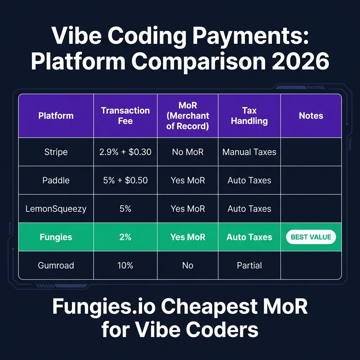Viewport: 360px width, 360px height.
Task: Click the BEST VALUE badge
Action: pyautogui.click(x=311, y=237)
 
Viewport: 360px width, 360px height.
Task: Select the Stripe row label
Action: pyautogui.click(x=56, y=152)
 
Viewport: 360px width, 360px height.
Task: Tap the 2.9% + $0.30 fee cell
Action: pyautogui.click(x=126, y=152)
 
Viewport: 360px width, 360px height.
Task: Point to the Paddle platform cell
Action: pyautogui.click(x=56, y=180)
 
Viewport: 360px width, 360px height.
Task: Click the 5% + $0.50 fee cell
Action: pyautogui.click(x=126, y=180)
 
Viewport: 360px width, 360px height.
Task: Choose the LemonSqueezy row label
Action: pyautogui.click(x=56, y=209)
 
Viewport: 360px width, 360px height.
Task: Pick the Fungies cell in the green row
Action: pyautogui.click(x=56, y=237)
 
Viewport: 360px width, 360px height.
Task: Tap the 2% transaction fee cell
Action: pyautogui.click(x=126, y=237)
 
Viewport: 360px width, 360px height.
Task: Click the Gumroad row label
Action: pyautogui.click(x=56, y=265)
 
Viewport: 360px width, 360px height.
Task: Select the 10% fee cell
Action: pyautogui.click(x=126, y=265)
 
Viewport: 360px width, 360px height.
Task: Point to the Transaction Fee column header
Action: pyautogui.click(x=126, y=116)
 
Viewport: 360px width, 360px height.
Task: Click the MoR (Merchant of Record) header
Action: pyautogui.click(x=188, y=116)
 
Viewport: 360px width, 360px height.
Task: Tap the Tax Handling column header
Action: pyautogui.click(x=249, y=116)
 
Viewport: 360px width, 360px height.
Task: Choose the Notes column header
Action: pyautogui.click(x=311, y=116)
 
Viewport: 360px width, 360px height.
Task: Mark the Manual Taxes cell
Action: pyautogui.click(x=249, y=152)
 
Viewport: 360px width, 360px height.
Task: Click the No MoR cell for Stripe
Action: pyautogui.click(x=188, y=152)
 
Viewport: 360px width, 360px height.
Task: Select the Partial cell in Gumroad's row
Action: pyautogui.click(x=249, y=265)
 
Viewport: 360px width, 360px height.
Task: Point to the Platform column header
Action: pyautogui.click(x=56, y=116)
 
